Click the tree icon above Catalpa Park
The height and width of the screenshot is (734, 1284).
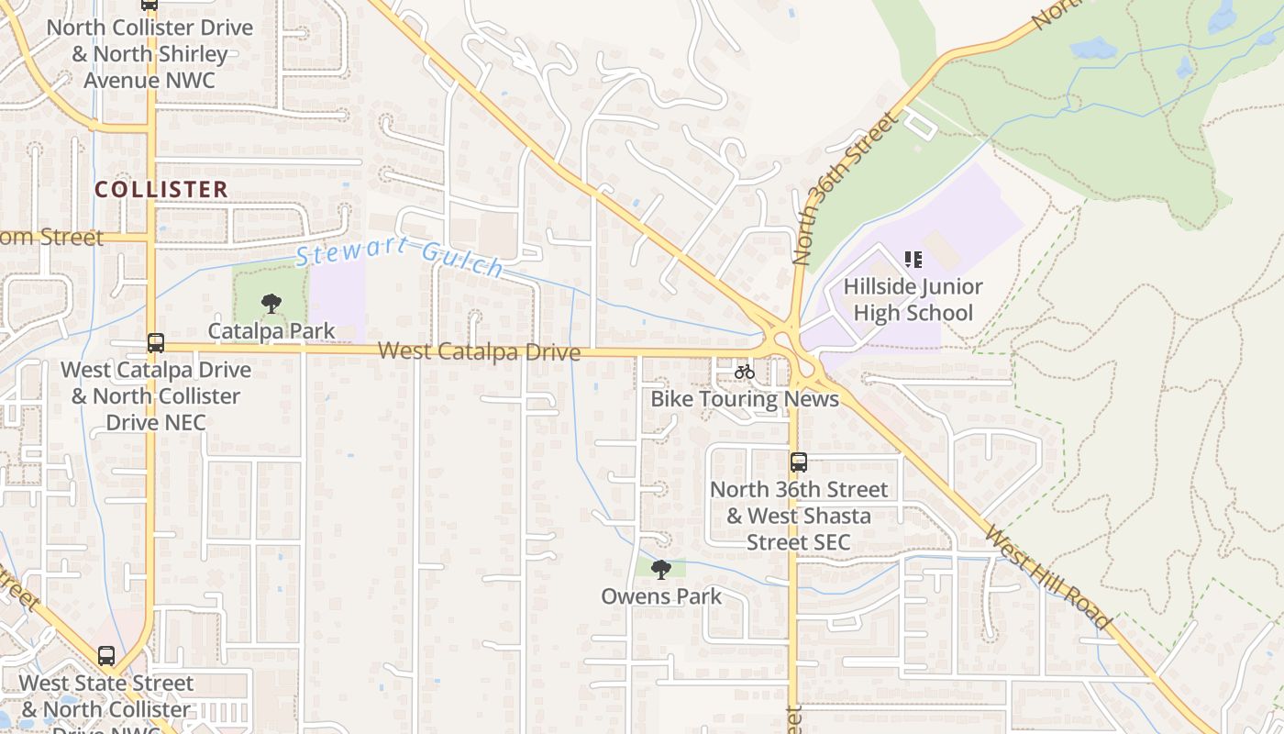pyautogui.click(x=271, y=303)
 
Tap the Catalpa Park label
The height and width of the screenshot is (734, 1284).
pyautogui.click(x=271, y=330)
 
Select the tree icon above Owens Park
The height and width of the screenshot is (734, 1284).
pyautogui.click(x=660, y=570)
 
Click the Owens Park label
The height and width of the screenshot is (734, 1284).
pyautogui.click(x=661, y=596)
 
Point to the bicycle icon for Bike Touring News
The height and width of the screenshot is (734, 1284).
pyautogui.click(x=745, y=372)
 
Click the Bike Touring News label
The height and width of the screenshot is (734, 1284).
pyautogui.click(x=745, y=399)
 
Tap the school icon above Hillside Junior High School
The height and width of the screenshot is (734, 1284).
pyautogui.click(x=913, y=260)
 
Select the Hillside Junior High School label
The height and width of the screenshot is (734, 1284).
pyautogui.click(x=913, y=300)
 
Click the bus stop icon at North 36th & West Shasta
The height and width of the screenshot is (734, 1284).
pyautogui.click(x=799, y=462)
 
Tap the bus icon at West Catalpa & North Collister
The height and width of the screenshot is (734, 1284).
pyautogui.click(x=156, y=343)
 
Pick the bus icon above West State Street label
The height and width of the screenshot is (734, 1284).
pyautogui.click(x=106, y=656)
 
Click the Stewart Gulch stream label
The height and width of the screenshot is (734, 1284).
pyautogui.click(x=401, y=256)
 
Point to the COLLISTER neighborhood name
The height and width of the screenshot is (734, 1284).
pyautogui.click(x=161, y=190)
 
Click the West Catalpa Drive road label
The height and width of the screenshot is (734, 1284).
pyautogui.click(x=479, y=351)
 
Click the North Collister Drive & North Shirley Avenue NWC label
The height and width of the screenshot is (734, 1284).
pyautogui.click(x=149, y=53)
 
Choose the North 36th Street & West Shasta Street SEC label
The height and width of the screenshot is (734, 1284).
pyautogui.click(x=799, y=516)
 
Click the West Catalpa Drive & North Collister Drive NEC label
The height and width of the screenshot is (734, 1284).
pyautogui.click(x=156, y=396)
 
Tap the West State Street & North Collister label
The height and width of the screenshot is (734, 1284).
pyautogui.click(x=106, y=697)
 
